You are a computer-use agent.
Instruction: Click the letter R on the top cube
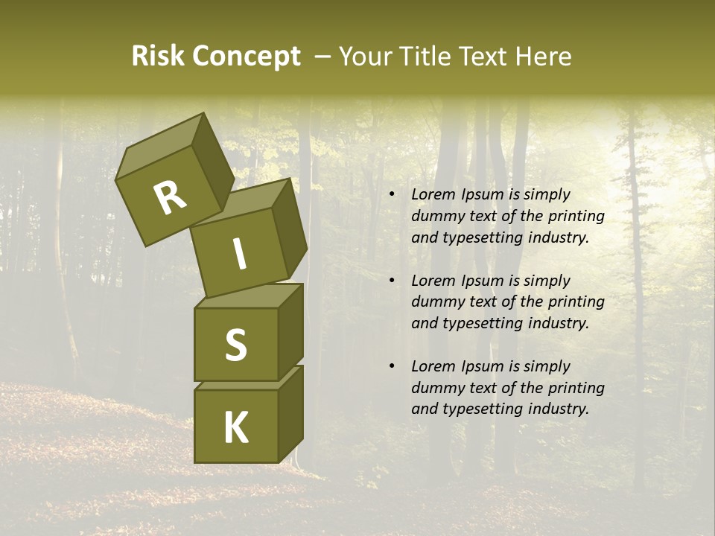[170, 199]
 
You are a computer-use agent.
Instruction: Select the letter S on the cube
[235, 344]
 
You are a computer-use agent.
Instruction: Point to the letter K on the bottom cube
[235, 427]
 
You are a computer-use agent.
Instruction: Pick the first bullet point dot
[392, 195]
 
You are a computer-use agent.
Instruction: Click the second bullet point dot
[392, 281]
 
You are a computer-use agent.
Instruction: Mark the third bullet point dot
[392, 367]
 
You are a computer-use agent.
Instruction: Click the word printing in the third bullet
[576, 388]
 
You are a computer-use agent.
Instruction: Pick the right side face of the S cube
[290, 331]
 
